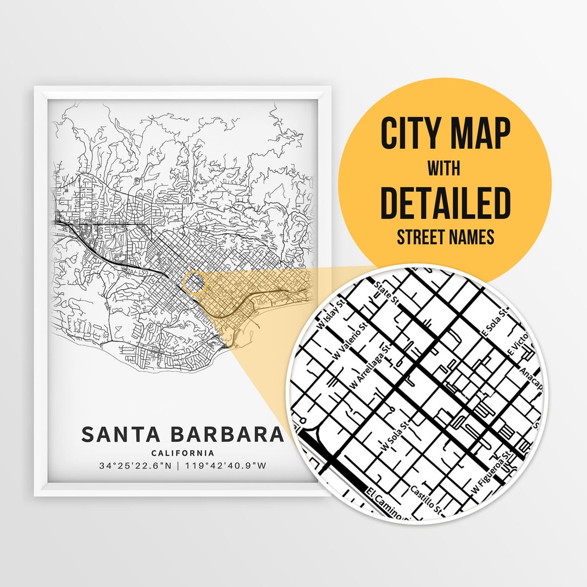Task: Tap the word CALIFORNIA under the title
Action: (x=183, y=453)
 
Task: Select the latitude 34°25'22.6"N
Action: (x=139, y=466)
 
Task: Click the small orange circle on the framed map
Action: (x=195, y=283)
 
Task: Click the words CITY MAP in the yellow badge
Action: (x=445, y=134)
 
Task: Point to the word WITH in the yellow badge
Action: (x=444, y=169)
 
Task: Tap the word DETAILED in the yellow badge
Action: (x=445, y=202)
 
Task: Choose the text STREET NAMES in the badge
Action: (x=445, y=238)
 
